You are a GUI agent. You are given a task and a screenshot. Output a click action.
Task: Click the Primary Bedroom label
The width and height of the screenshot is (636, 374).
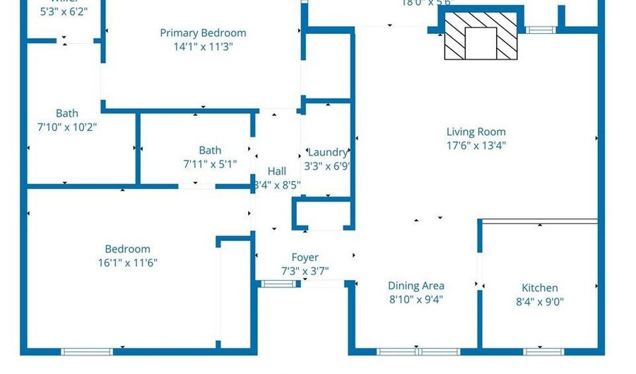coord(203,33)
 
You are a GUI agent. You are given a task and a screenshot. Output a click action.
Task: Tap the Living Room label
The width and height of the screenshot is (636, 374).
coord(476,132)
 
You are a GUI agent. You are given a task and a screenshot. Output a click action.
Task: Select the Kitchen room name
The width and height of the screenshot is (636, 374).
coord(539,288)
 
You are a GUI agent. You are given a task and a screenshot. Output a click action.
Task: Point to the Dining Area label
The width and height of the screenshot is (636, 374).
coord(416,286)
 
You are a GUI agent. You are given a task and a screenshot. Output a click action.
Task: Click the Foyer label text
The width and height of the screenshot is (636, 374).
coord(305,257)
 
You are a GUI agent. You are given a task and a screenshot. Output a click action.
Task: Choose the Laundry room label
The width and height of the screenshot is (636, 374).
coord(327,152)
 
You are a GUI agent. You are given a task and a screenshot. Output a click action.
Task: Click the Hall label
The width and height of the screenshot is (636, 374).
coord(277,171)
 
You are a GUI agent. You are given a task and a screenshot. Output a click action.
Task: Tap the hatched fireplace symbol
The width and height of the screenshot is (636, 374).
coord(480,36)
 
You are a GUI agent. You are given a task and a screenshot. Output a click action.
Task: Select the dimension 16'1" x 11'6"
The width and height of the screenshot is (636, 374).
coord(127,262)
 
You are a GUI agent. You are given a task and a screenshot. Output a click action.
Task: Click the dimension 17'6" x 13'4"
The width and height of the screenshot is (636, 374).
coord(476,146)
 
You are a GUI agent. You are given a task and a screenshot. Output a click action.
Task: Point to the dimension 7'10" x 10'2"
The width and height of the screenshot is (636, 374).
coord(67,127)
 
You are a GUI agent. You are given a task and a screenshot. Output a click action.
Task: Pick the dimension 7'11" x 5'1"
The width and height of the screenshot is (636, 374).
coord(210,164)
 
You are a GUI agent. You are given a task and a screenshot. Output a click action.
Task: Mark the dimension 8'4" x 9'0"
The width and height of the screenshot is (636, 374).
coord(539,302)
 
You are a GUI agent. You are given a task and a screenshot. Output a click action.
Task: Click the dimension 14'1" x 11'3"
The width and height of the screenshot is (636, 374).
coord(203,47)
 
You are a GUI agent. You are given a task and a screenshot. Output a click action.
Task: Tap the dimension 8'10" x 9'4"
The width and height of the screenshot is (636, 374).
coord(416,299)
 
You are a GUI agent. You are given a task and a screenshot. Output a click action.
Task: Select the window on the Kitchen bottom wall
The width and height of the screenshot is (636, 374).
coord(542,351)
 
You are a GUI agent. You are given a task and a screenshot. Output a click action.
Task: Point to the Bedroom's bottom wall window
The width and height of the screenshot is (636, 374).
coord(86,351)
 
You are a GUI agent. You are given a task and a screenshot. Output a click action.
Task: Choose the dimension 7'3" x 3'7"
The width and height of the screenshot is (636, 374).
coord(305,271)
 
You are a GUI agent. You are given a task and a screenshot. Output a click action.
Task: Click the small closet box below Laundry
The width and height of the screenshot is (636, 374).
coord(322,214)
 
